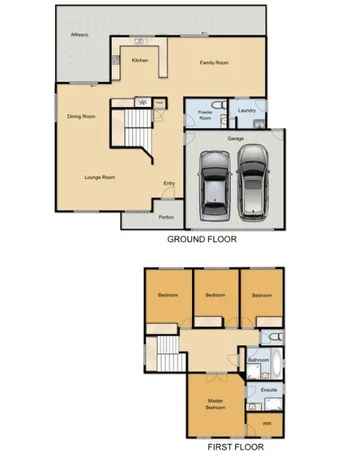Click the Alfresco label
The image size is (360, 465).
[x=78, y=35]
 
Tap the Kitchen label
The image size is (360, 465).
[x=140, y=61]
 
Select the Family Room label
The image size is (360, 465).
[x=213, y=62]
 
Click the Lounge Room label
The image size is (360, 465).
[x=100, y=177]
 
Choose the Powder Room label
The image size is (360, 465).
[x=206, y=113]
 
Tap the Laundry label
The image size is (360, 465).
[x=246, y=111]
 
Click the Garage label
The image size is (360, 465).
[x=236, y=138]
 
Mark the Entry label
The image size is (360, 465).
[x=169, y=182]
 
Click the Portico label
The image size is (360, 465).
[x=166, y=217]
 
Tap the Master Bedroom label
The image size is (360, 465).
[x=215, y=405]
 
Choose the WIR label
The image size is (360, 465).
[x=266, y=424]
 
